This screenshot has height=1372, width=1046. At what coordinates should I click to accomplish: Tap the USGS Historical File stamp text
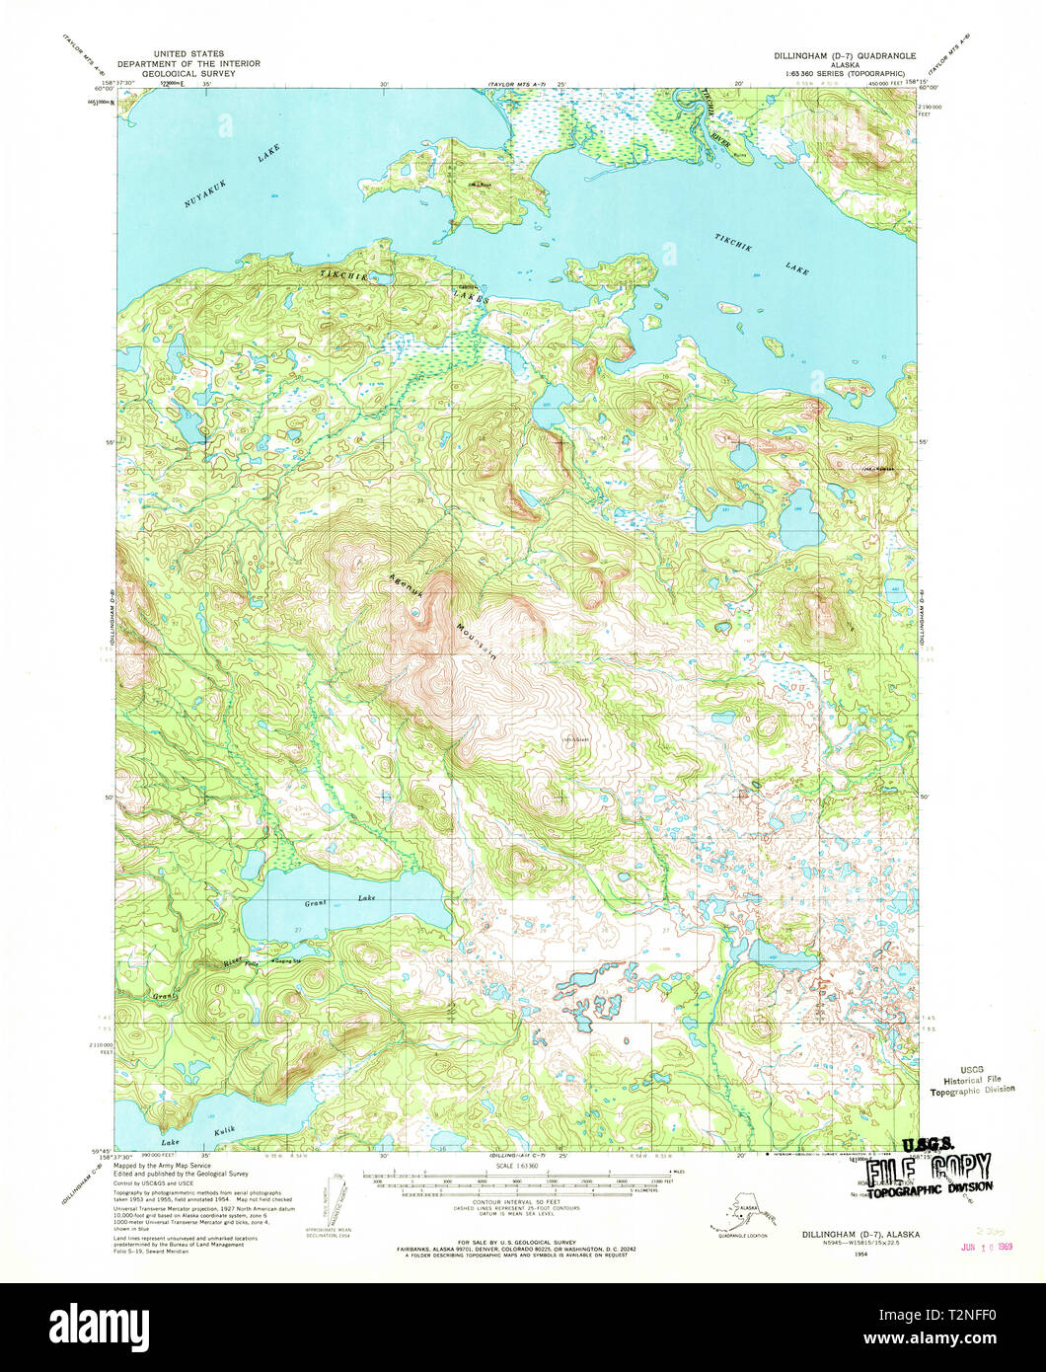pos(972,1080)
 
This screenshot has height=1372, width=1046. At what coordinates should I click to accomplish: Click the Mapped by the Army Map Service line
pos(163,1166)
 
